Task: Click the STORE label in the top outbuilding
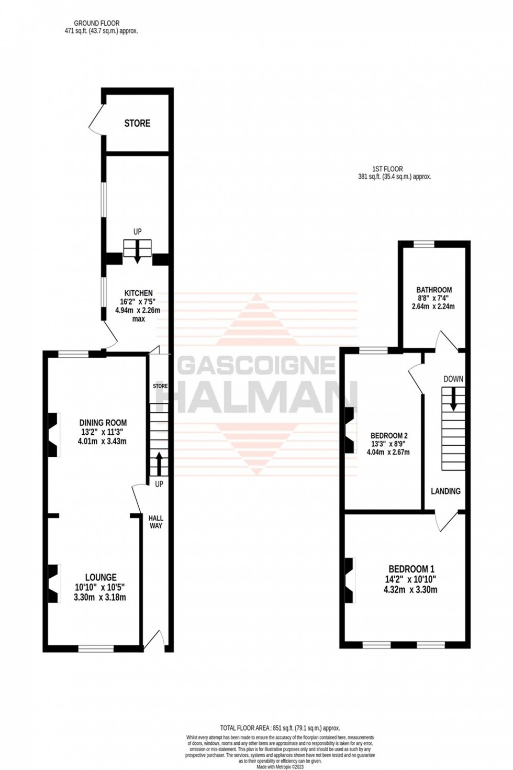point(137,124)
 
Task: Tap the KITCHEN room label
point(138,293)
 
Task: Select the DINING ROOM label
point(103,423)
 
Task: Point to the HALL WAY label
point(156,522)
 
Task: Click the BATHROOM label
point(434,290)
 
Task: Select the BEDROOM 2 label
point(389,435)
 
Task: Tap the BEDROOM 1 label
point(411,569)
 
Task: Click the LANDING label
point(445,491)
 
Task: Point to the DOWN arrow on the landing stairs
point(453,399)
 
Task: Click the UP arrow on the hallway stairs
point(159,463)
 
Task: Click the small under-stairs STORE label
point(160,386)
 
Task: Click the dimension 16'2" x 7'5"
point(138,302)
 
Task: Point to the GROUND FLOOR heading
point(97,23)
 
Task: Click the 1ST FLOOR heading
point(387,169)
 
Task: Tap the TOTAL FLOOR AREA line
point(280,728)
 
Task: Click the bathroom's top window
point(424,244)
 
